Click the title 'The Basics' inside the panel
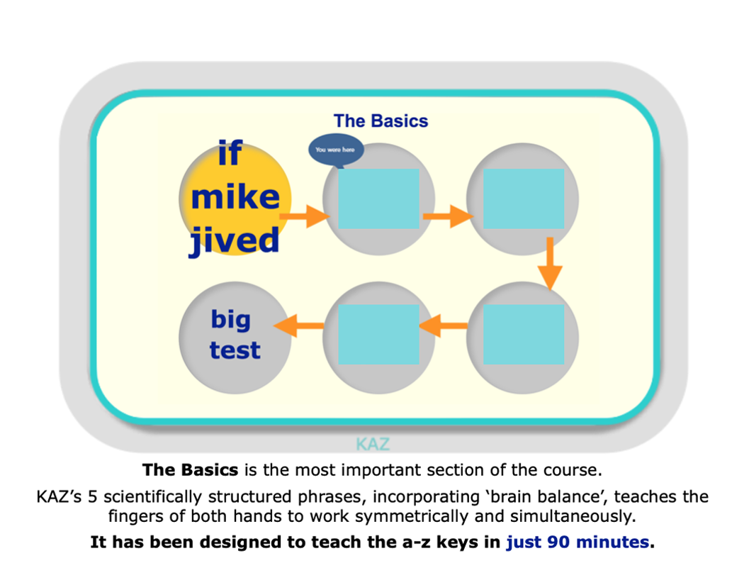[x=381, y=121]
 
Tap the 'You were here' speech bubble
[x=335, y=150]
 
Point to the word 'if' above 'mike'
[x=230, y=153]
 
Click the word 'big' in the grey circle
[x=231, y=320]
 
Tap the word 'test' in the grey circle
[x=235, y=350]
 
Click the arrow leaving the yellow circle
[x=304, y=216]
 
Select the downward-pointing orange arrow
[x=550, y=264]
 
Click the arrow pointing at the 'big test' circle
[x=298, y=325]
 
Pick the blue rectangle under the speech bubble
[x=379, y=199]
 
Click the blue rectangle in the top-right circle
[x=524, y=199]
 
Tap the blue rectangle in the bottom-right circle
[x=524, y=334]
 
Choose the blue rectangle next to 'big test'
[x=379, y=334]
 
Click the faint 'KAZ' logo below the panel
[x=373, y=444]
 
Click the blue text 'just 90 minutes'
[x=578, y=542]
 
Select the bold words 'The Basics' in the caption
[x=190, y=470]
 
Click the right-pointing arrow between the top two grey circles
[x=448, y=216]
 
